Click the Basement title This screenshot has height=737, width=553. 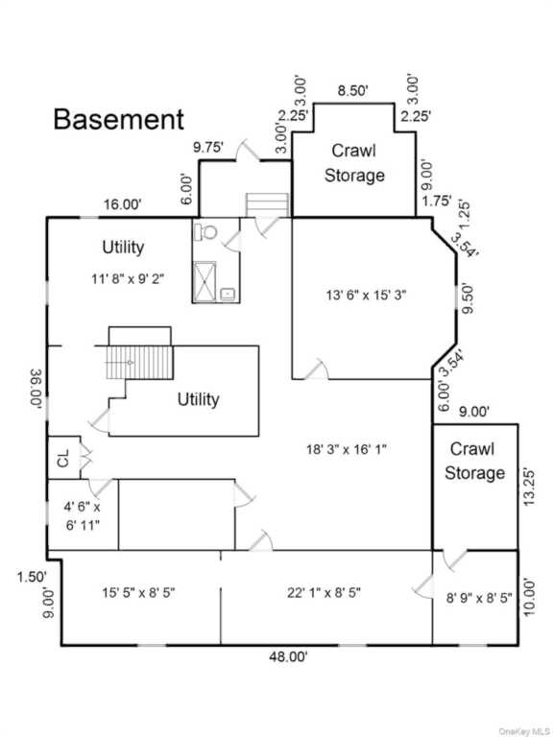coord(118,119)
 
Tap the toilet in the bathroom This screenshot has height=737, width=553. coord(207,230)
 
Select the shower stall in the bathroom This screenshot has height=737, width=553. coord(204,281)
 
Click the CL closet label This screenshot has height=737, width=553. coord(63,459)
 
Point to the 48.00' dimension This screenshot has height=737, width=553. coord(288,657)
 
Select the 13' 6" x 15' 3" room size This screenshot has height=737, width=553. coord(367,296)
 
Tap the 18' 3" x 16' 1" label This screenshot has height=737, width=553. coord(347,449)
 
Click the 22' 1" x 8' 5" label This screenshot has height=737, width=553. coord(324,593)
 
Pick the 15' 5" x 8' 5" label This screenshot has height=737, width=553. coord(138,593)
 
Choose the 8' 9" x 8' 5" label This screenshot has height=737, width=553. coord(479,598)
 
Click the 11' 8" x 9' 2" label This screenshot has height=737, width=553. coord(128,279)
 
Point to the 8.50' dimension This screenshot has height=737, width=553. coord(352,91)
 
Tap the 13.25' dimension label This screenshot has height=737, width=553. coord(530,487)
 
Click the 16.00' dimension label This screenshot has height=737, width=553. coord(122,205)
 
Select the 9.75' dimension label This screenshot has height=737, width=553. coord(207,148)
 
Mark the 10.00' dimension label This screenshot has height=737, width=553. coord(530,597)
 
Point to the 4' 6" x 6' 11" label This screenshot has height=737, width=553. coord(83,516)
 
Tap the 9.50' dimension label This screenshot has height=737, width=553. coord(468,297)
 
